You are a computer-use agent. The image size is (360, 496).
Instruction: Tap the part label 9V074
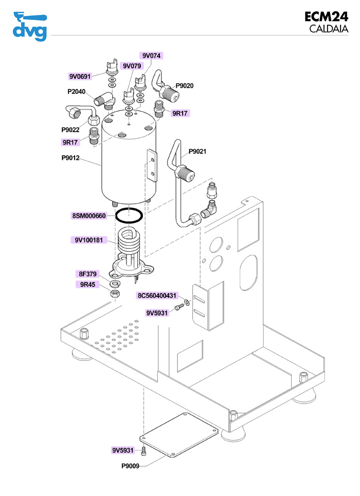[151, 56]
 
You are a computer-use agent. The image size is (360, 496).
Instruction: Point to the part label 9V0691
[80, 77]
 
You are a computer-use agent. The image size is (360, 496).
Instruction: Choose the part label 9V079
[131, 66]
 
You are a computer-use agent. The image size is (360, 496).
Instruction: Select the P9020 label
[185, 86]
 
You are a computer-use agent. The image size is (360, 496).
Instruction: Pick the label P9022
[70, 130]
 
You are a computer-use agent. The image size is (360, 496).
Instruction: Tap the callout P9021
[197, 152]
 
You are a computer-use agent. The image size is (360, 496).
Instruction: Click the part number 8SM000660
[88, 216]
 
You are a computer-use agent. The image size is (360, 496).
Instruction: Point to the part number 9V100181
[88, 240]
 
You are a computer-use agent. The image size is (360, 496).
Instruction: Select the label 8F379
[87, 274]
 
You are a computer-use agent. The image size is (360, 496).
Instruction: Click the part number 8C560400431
[157, 296]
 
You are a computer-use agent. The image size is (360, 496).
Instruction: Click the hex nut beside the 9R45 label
[116, 293]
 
